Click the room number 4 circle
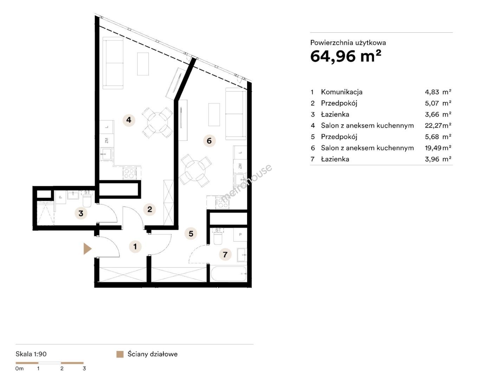click(x=129, y=120)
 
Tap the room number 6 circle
click(x=209, y=141)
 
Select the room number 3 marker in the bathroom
click(x=81, y=213)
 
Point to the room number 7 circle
click(x=225, y=254)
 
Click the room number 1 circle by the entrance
click(x=135, y=246)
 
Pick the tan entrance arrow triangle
click(x=87, y=248)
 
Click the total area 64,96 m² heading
click(x=346, y=56)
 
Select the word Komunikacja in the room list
click(x=341, y=92)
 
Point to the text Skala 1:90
click(x=31, y=354)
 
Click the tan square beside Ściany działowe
click(x=120, y=354)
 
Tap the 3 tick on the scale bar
click(x=84, y=368)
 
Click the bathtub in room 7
click(x=228, y=274)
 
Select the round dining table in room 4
click(x=158, y=122)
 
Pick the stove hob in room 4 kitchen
click(x=130, y=173)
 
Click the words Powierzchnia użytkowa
click(x=348, y=43)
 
